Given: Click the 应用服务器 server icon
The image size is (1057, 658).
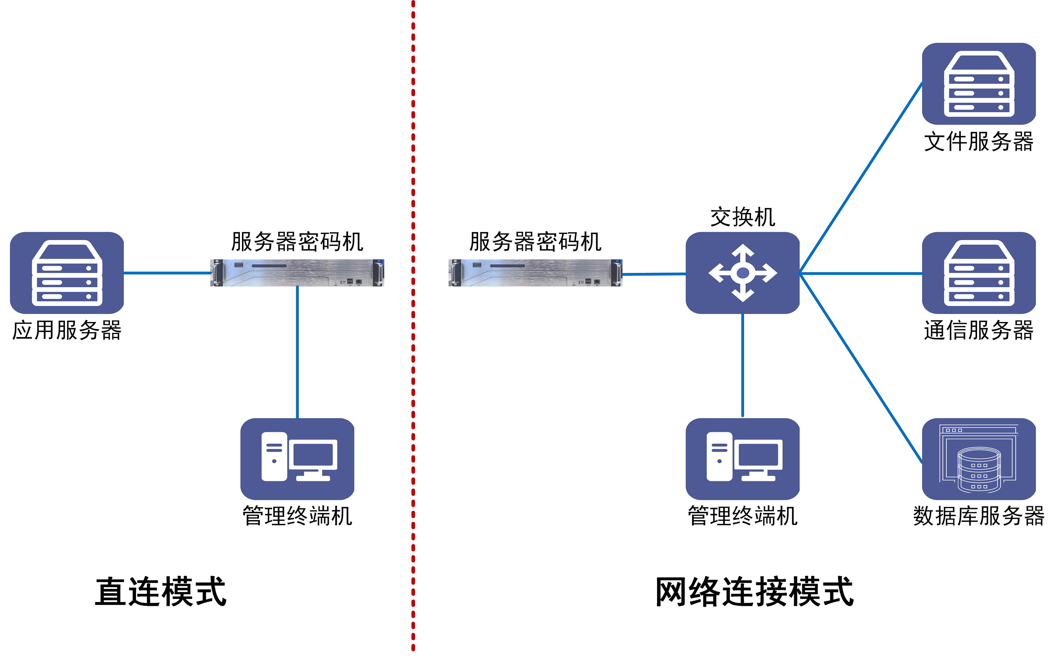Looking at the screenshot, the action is pos(67,273).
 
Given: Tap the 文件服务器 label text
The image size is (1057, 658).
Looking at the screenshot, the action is pos(979,142).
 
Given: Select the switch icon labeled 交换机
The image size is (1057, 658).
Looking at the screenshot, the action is pos(743,273).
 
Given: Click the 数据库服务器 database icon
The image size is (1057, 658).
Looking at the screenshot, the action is pos(979,459).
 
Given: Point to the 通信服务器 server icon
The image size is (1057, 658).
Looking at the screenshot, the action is pos(979,273).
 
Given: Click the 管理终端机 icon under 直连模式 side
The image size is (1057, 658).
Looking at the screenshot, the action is pos(297,459).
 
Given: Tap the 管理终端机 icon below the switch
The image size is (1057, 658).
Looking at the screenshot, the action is pos(743,459).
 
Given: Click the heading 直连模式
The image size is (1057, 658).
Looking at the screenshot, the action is pos(161,591).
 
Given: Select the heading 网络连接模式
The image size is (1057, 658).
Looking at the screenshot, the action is pos(754,591).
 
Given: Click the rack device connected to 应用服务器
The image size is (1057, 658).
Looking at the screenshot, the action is pos(297,273).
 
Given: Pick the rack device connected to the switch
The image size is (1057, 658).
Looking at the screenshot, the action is pos(535,273).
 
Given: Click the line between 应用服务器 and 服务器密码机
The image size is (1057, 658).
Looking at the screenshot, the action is pos(167,273).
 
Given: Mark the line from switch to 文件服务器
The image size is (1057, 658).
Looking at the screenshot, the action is pos(861,177).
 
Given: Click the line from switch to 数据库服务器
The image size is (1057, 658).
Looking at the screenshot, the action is pos(861,368).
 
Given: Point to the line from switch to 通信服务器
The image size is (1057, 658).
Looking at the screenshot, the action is pos(861,273).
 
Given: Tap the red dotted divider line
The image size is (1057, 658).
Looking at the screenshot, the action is pos(413,326).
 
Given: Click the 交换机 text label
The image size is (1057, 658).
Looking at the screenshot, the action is pos(743,217).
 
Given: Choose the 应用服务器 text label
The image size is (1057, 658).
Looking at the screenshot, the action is pos(67,330).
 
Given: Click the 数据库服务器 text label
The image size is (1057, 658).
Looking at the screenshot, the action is pos(979,516).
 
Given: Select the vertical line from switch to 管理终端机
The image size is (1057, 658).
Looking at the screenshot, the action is pos(743,365).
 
